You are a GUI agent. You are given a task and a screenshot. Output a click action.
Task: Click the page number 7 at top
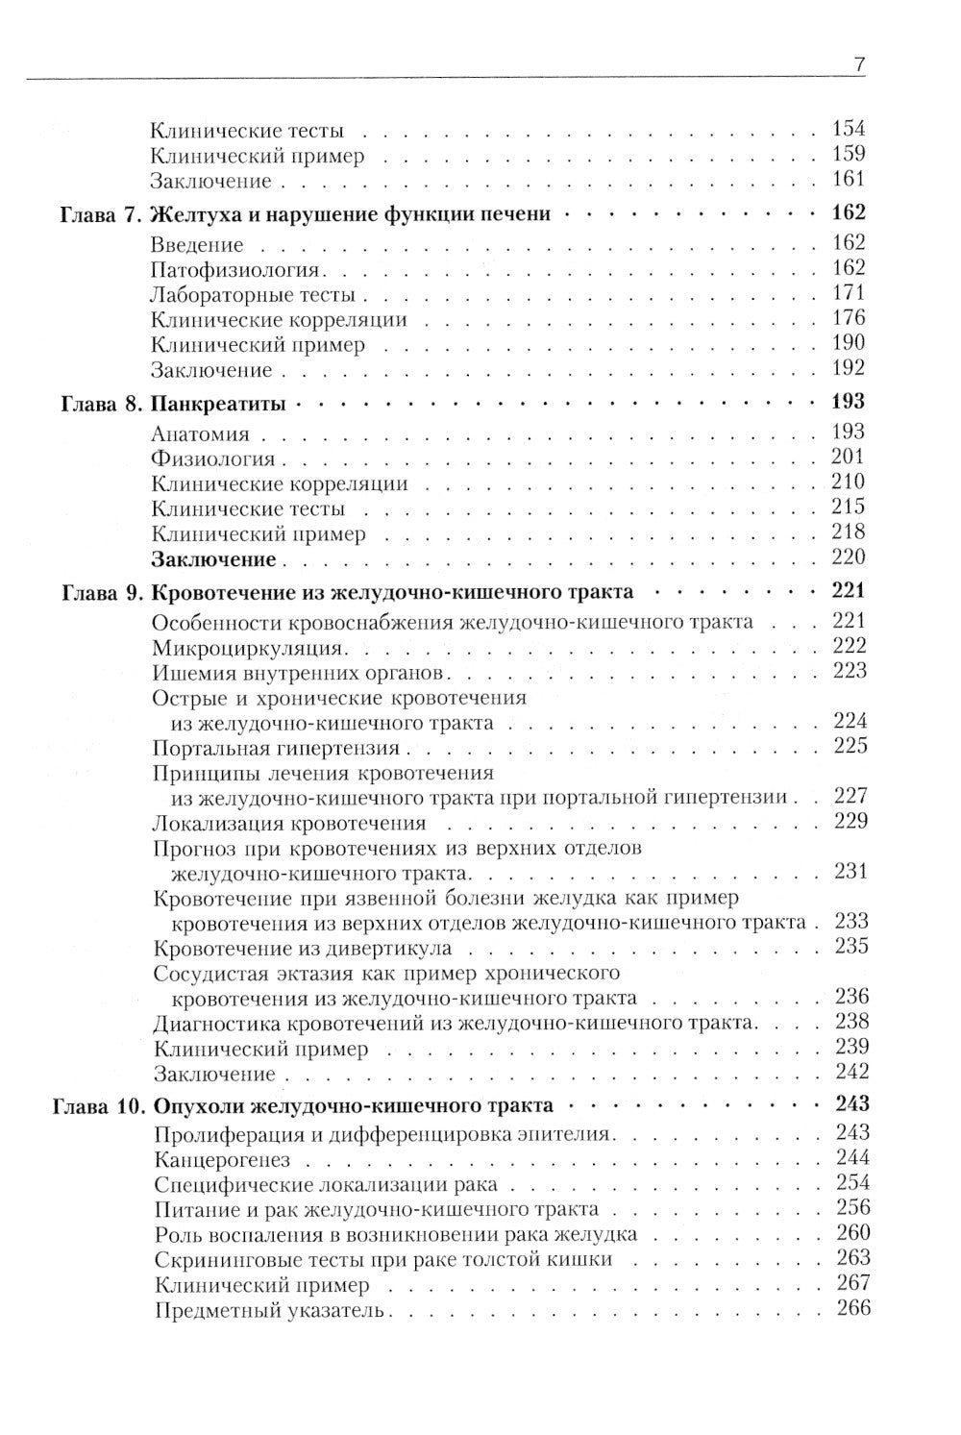tap(859, 65)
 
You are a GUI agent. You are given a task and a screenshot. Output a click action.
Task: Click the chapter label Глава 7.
tap(98, 214)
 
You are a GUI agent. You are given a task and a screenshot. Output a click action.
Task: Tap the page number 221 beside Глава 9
tap(849, 591)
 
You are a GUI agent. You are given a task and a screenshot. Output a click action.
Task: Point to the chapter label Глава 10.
tap(95, 1105)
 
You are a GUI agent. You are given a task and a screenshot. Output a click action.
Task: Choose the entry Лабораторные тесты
tap(254, 295)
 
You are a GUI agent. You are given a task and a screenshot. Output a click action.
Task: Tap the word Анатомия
tap(202, 433)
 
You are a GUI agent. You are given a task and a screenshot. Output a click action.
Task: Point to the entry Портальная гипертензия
tap(276, 748)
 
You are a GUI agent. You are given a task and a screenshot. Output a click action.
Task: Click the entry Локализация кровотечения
tap(289, 823)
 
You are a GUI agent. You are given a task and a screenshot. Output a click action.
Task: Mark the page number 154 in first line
tap(850, 129)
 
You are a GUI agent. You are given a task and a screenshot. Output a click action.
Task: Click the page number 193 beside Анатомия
tap(850, 433)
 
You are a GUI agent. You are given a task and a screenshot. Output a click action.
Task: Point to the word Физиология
tap(213, 458)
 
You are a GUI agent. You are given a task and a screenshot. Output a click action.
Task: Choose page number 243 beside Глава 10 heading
tap(849, 1105)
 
